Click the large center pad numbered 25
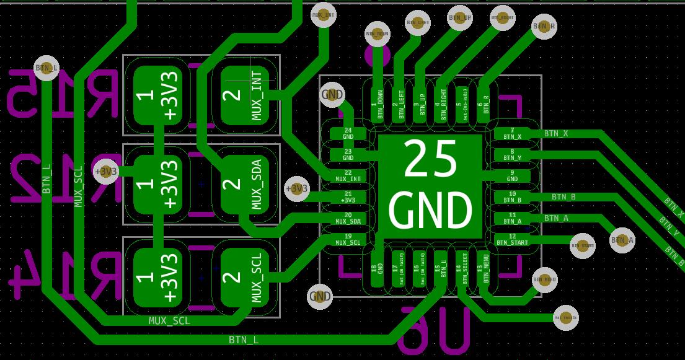pyautogui.click(x=430, y=187)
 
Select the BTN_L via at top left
pyautogui.click(x=46, y=68)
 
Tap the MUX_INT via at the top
pyautogui.click(x=323, y=15)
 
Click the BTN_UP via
pyautogui.click(x=459, y=18)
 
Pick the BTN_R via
pyautogui.click(x=544, y=27)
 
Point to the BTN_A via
pyautogui.click(x=622, y=240)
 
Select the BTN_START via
pyautogui.click(x=582, y=246)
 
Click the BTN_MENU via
pyautogui.click(x=544, y=280)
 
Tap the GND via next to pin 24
pyautogui.click(x=332, y=95)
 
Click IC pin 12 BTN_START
pyautogui.click(x=512, y=239)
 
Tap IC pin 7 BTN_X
pyautogui.click(x=512, y=133)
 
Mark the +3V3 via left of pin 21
pyautogui.click(x=296, y=188)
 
